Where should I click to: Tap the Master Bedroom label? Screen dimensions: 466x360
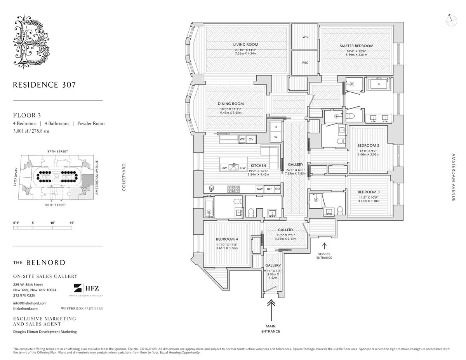(x=356, y=46)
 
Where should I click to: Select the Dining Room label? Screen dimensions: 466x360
(x=230, y=104)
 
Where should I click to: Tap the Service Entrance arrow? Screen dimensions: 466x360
(x=324, y=246)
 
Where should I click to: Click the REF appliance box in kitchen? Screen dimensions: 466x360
(x=269, y=189)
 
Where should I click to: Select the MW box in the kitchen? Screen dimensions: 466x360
(x=259, y=189)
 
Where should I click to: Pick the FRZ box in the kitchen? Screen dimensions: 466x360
(x=277, y=189)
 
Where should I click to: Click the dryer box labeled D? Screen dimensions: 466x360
(x=276, y=127)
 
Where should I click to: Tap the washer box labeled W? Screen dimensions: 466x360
(x=276, y=137)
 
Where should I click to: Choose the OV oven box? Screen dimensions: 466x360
(x=251, y=139)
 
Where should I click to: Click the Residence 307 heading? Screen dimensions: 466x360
(x=44, y=85)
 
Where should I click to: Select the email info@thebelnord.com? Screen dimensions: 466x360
(x=30, y=303)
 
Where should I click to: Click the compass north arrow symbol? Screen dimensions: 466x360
(x=451, y=20)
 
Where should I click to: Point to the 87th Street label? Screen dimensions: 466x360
(x=57, y=151)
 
